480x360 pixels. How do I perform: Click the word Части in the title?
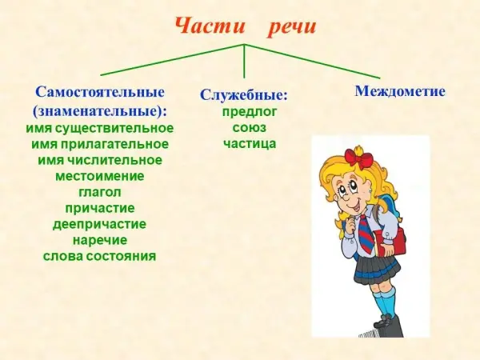(x=210, y=26)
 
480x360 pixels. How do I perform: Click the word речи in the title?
(x=292, y=28)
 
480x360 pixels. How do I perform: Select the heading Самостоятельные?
(x=100, y=92)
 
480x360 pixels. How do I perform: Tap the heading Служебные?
(x=244, y=95)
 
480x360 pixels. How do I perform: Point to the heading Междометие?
(x=400, y=91)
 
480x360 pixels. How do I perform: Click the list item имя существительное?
(x=100, y=128)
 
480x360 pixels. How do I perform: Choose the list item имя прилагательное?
(x=100, y=144)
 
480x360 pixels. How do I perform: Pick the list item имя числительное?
(x=100, y=160)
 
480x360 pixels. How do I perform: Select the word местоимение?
(x=100, y=176)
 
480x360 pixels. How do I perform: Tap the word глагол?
(x=100, y=192)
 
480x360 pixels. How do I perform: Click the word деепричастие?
(x=100, y=224)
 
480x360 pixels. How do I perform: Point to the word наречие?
(x=100, y=240)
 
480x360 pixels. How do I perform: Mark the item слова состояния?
(x=100, y=256)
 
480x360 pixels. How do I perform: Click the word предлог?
(x=249, y=112)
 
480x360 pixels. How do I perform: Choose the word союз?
(x=249, y=128)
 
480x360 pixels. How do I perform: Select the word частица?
(x=249, y=143)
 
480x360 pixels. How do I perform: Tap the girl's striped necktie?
(x=366, y=234)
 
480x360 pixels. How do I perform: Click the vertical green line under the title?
(x=244, y=62)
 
